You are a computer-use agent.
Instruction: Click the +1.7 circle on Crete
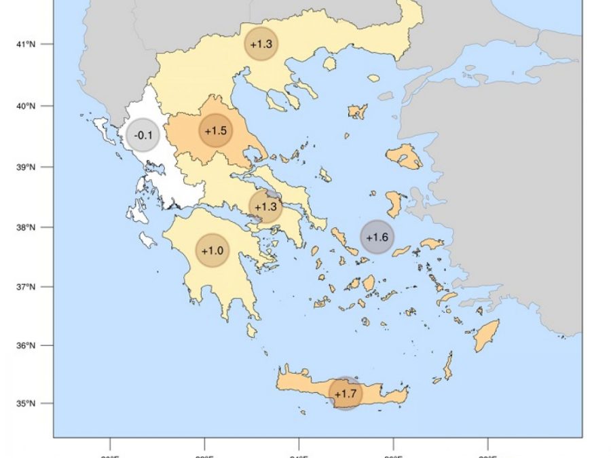[x=346, y=393]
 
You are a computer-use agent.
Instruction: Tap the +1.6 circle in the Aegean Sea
[x=377, y=237]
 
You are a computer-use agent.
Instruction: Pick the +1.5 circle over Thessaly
[x=215, y=130]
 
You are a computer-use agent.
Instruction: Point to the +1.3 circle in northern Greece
[x=261, y=44]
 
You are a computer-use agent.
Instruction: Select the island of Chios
[x=394, y=204]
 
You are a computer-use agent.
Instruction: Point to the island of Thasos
[x=330, y=64]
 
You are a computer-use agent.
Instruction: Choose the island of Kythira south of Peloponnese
[x=251, y=330]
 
